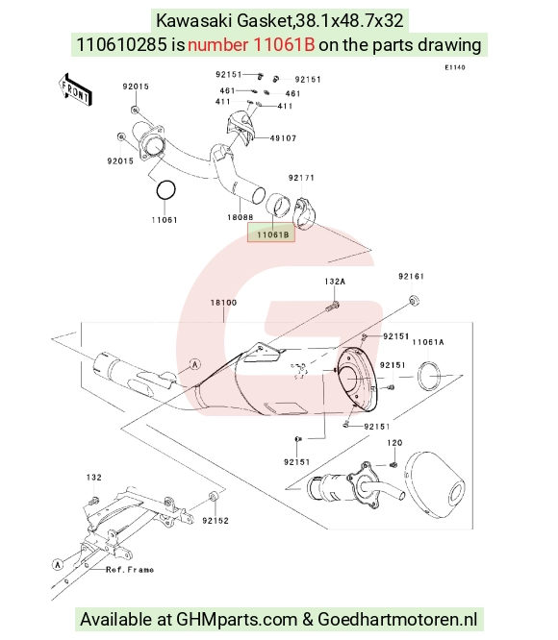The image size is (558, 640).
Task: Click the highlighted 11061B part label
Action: click(x=272, y=234)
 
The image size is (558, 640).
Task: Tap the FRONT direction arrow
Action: click(x=76, y=90)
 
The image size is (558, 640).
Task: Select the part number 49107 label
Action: click(x=283, y=138)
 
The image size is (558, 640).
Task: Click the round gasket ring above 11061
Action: click(x=166, y=190)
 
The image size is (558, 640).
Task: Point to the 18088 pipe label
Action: click(x=241, y=217)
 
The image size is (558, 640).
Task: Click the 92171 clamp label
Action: click(x=301, y=178)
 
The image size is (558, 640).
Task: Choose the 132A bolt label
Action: click(x=335, y=282)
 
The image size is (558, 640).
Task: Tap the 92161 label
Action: click(x=412, y=277)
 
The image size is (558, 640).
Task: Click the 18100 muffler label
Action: click(x=223, y=303)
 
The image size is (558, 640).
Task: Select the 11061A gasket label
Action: click(x=428, y=342)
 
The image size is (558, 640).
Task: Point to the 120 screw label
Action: click(x=394, y=442)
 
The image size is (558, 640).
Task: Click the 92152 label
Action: click(x=216, y=521)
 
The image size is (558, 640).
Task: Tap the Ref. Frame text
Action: click(x=130, y=570)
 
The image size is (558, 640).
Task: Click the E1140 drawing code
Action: click(x=455, y=67)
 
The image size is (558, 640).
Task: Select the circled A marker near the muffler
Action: click(x=195, y=364)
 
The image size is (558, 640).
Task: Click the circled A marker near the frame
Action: click(x=58, y=564)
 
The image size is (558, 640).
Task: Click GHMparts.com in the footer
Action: click(x=236, y=619)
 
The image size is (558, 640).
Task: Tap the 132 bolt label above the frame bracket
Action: click(x=94, y=478)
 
